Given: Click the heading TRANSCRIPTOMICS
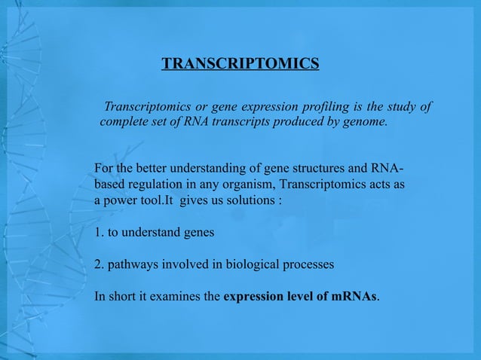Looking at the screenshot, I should tap(240, 63).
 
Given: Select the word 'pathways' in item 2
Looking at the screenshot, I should tap(133, 265).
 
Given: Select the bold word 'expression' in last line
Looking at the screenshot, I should tap(254, 297).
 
